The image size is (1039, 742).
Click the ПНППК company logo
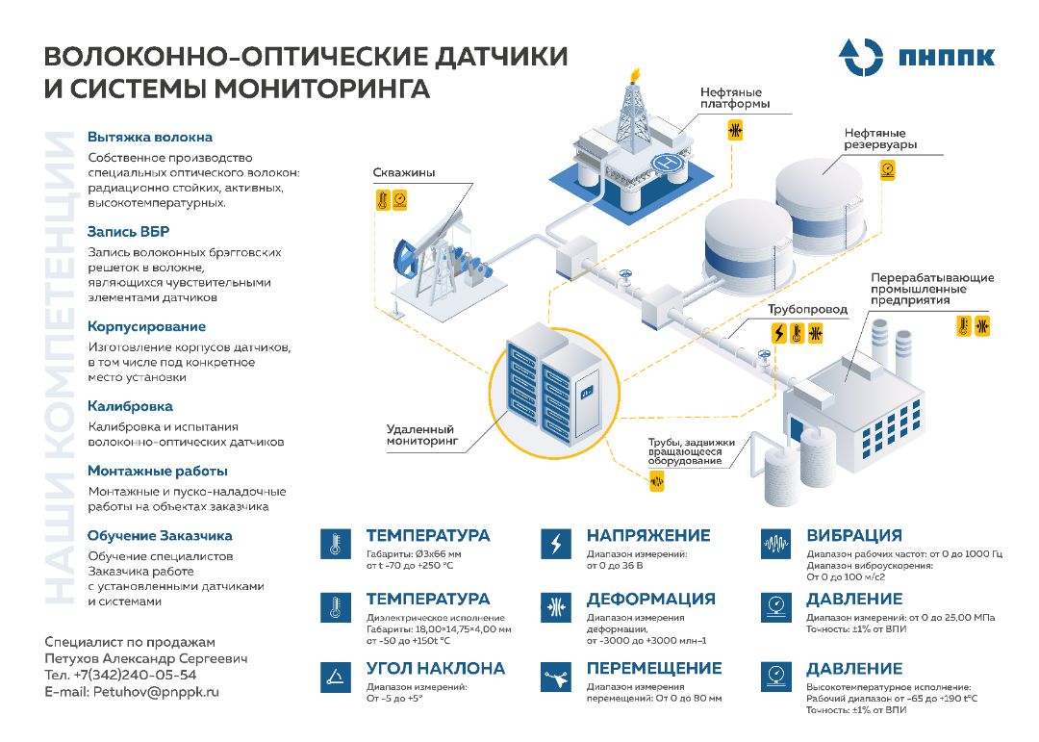click(x=915, y=57)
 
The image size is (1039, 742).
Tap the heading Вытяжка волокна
click(x=150, y=137)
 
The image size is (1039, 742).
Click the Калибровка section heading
click(x=130, y=406)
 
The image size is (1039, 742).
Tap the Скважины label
click(x=403, y=172)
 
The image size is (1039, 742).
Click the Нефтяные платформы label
click(x=735, y=97)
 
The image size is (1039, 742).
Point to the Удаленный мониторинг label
click(x=421, y=435)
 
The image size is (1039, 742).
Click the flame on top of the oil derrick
click(x=633, y=74)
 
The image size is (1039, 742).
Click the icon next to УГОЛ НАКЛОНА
click(x=334, y=677)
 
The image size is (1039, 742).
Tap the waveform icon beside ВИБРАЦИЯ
click(x=774, y=544)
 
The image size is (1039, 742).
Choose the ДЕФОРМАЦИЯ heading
click(x=650, y=599)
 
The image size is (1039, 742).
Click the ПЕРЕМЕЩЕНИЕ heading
click(x=654, y=668)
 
